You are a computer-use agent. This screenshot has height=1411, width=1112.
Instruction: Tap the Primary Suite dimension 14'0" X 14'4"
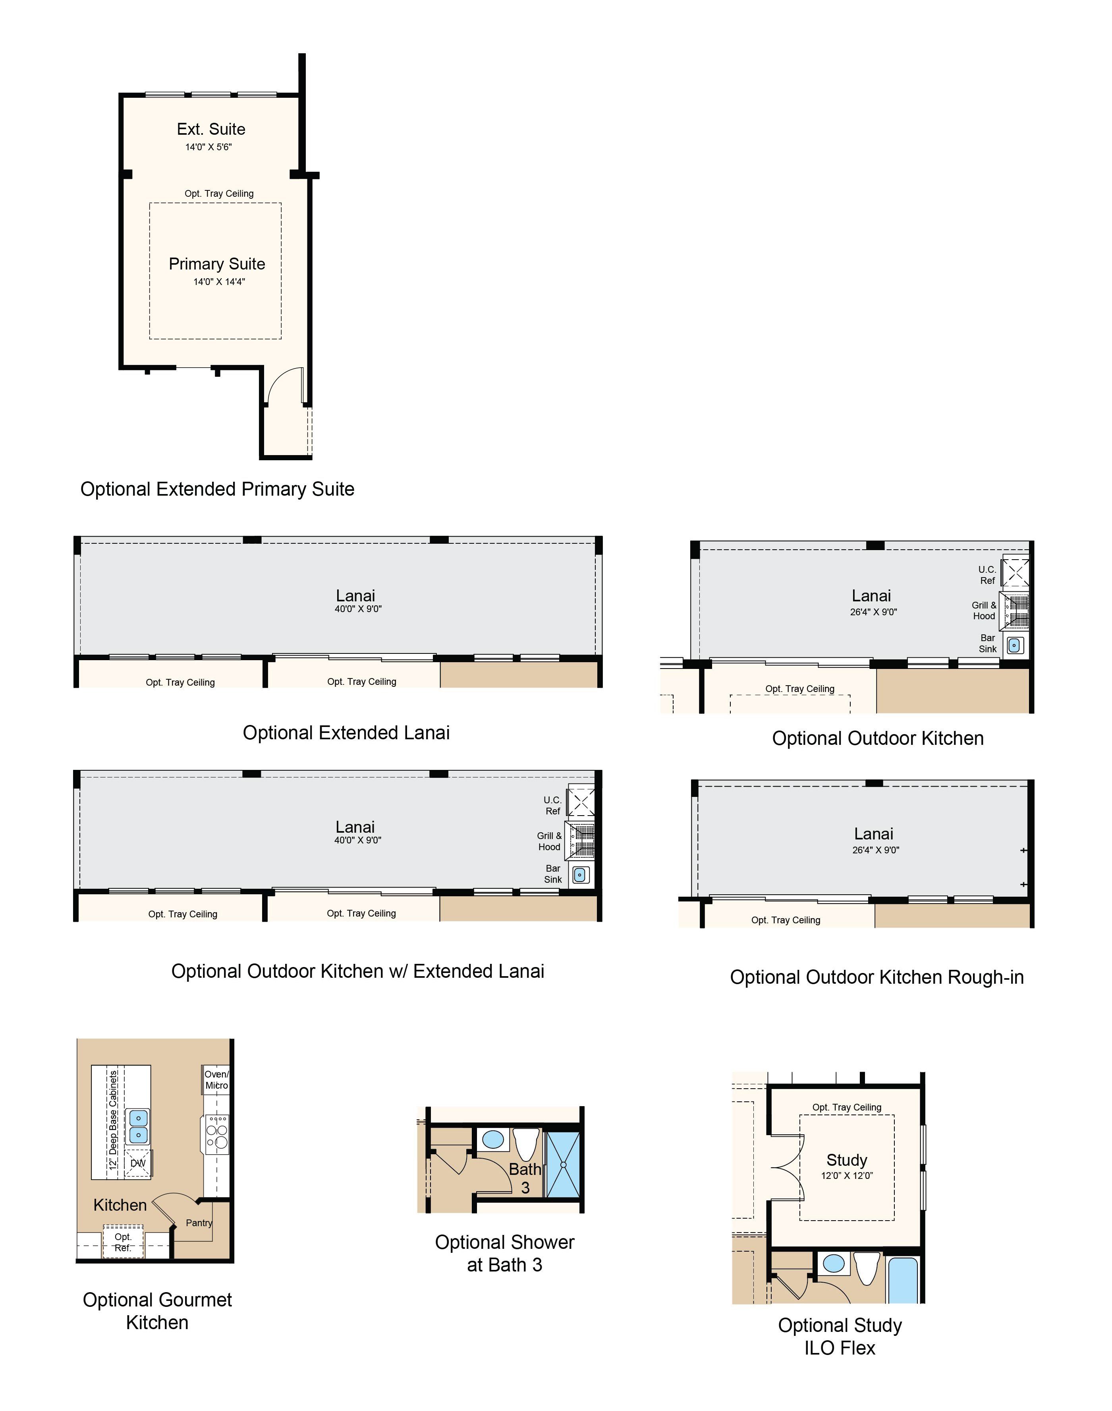click(219, 282)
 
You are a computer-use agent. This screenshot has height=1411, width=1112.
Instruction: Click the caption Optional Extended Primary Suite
click(218, 489)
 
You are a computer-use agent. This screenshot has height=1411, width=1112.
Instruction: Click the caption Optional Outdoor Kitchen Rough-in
click(877, 977)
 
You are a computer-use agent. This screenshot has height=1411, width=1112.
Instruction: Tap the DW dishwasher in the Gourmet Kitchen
click(138, 1163)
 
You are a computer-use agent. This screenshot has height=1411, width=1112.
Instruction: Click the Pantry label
click(199, 1223)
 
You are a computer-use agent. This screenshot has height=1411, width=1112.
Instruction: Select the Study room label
click(847, 1160)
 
